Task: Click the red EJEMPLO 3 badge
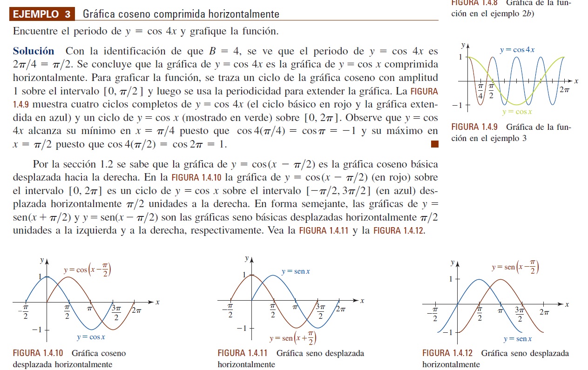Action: pos(42,14)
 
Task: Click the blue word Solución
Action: pos(34,51)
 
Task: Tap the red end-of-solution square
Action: pos(434,144)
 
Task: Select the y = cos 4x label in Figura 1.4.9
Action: pos(517,50)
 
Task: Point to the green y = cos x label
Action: pos(517,112)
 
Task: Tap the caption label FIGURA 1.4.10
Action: pos(39,353)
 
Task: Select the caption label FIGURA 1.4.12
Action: pos(448,353)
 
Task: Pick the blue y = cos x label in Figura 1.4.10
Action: pos(91,337)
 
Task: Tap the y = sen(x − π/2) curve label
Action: pos(515,267)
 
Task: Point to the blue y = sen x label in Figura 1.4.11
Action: pos(296,271)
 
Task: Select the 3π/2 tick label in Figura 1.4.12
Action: pos(520,314)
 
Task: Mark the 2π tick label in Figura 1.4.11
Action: pos(340,309)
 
